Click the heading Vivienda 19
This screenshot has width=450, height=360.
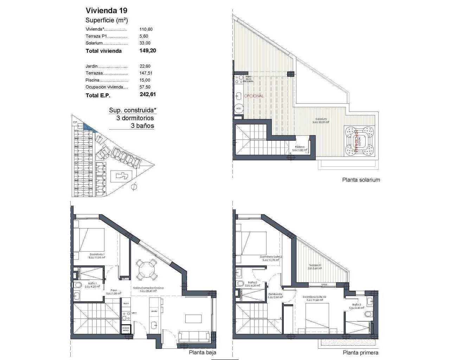click(x=104, y=10)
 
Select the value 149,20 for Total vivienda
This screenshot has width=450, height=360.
click(x=148, y=51)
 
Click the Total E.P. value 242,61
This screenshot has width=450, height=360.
click(x=148, y=95)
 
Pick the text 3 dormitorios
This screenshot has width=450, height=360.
click(x=135, y=118)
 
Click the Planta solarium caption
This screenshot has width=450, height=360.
click(x=361, y=180)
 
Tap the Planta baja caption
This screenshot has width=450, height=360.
click(x=202, y=353)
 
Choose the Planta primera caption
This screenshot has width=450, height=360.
click(x=360, y=353)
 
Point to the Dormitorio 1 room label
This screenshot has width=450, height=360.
click(x=97, y=255)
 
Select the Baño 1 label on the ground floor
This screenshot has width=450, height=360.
click(x=93, y=283)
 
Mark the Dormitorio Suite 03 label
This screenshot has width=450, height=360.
click(x=315, y=297)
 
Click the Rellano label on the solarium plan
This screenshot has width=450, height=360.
click(x=300, y=147)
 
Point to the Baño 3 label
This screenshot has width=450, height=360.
click(x=356, y=305)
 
